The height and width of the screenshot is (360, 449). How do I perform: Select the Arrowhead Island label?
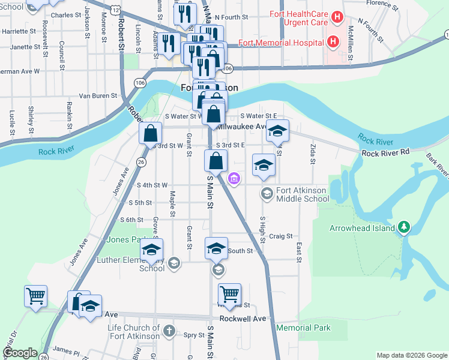point(363,228)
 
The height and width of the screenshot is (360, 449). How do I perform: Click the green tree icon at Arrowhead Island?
point(405,227)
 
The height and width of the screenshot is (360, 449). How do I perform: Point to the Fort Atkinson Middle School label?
point(302,194)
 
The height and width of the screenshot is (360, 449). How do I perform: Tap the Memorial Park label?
point(303,328)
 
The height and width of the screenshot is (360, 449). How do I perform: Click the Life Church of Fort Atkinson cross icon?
point(170,331)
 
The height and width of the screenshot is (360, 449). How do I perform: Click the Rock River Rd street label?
point(386,153)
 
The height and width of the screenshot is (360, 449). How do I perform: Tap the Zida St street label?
point(312,151)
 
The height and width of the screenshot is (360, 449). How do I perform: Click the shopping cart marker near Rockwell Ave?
point(229,295)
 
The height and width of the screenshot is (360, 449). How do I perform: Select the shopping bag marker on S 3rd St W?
point(150,134)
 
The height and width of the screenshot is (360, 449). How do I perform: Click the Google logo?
point(20,353)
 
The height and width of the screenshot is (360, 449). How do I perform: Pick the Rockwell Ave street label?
point(243,319)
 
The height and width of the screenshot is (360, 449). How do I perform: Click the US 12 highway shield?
point(116,7)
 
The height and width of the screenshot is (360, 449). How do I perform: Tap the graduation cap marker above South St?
point(217,248)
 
